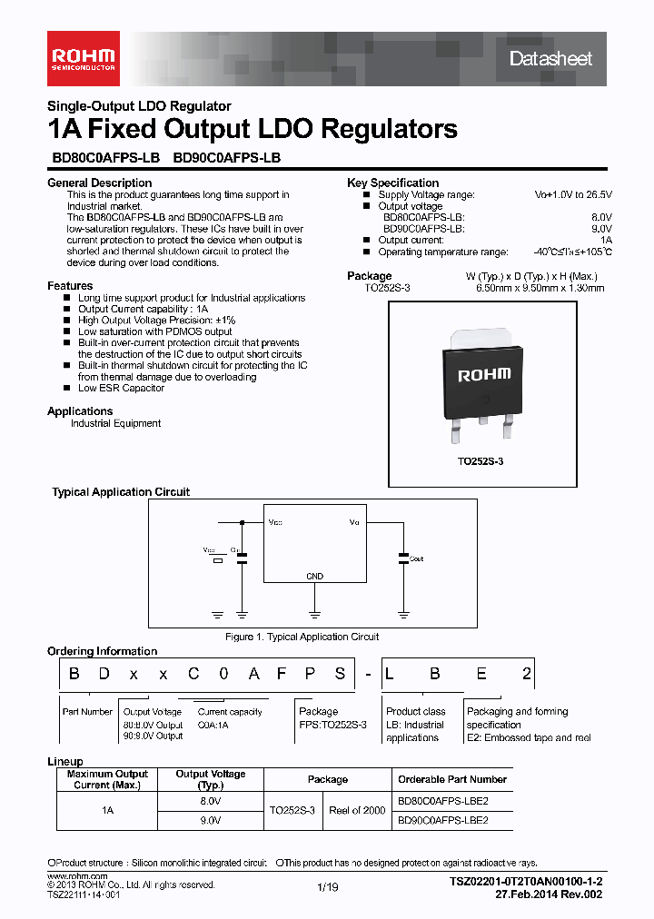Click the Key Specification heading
(x=392, y=183)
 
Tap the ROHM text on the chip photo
(x=483, y=374)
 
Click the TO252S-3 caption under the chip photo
(x=481, y=461)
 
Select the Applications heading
(x=80, y=411)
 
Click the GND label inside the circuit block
(x=313, y=577)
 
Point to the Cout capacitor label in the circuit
(x=416, y=558)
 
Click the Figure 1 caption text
(x=302, y=637)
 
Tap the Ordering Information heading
(x=102, y=651)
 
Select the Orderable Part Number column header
(x=452, y=779)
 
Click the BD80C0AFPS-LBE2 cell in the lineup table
(x=443, y=802)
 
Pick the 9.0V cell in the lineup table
(x=210, y=819)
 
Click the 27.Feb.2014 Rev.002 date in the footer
(x=549, y=894)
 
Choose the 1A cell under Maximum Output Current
(x=107, y=810)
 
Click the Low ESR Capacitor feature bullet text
(x=121, y=388)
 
